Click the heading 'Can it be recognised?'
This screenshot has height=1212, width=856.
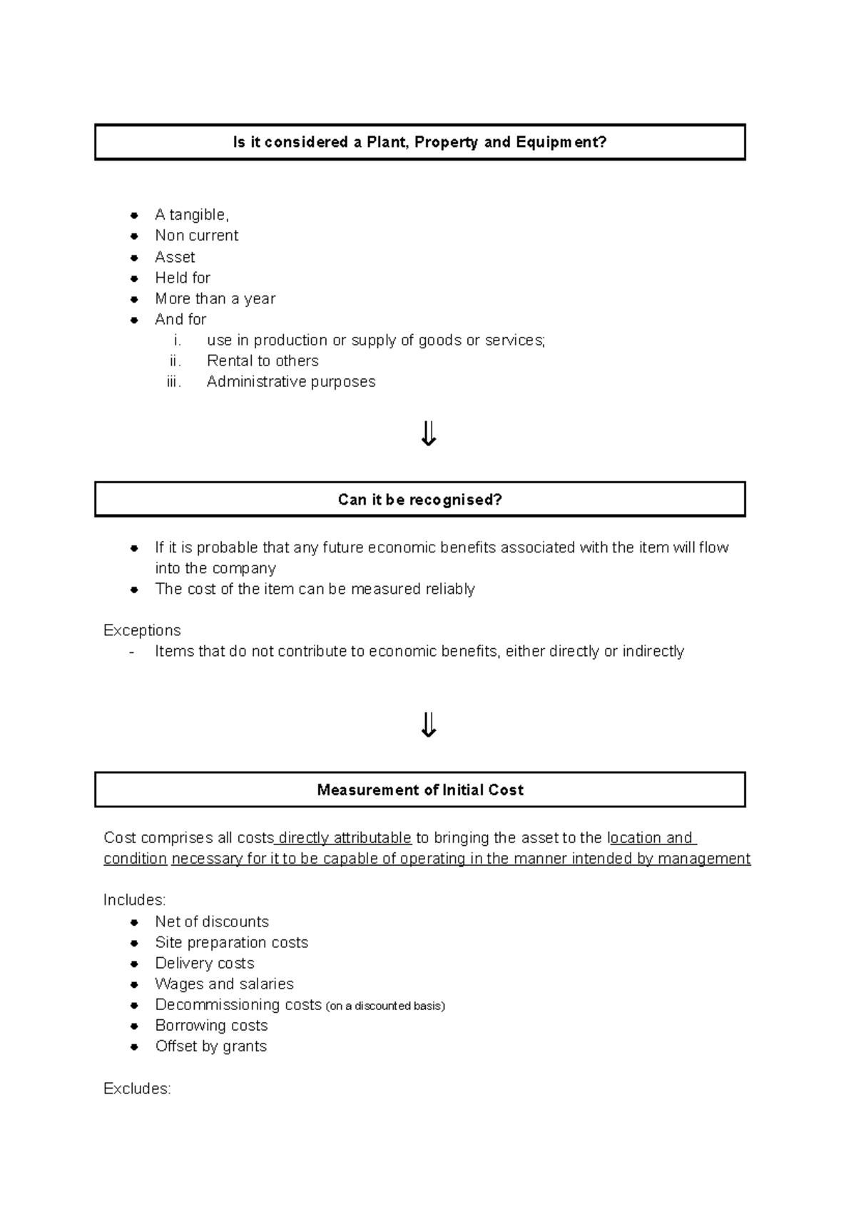(x=419, y=500)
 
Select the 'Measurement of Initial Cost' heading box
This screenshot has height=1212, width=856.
(x=419, y=789)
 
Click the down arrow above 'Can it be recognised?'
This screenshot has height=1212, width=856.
(x=428, y=433)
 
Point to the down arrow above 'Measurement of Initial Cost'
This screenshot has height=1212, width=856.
(x=428, y=724)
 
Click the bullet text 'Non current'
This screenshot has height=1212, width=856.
(x=196, y=236)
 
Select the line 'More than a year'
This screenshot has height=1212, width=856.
(x=215, y=298)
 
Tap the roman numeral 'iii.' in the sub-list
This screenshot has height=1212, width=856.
(x=174, y=382)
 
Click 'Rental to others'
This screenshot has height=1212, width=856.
(x=262, y=361)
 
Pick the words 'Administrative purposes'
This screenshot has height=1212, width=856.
(x=290, y=382)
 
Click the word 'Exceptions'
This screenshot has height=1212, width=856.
(x=142, y=630)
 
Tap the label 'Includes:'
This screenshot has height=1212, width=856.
(x=134, y=900)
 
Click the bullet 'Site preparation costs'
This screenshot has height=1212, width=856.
(x=231, y=942)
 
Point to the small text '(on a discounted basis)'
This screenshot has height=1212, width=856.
(x=384, y=1006)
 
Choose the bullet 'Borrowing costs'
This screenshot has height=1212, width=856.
(x=211, y=1026)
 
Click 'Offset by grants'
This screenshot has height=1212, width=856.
(x=210, y=1046)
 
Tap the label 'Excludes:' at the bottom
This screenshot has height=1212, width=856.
(x=137, y=1089)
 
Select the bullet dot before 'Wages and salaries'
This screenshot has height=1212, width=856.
(x=134, y=984)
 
